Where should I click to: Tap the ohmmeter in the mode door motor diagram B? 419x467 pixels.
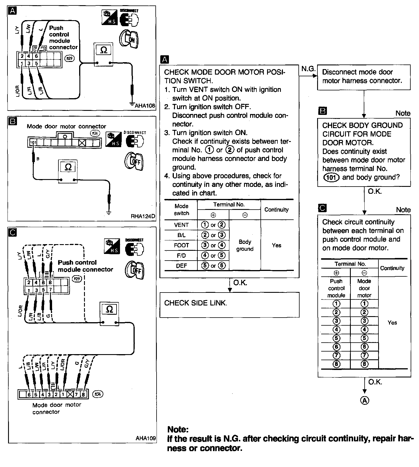68,171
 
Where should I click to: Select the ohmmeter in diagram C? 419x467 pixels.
109,314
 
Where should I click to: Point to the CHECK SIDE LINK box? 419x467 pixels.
229,305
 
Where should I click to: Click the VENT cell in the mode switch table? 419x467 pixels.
181,225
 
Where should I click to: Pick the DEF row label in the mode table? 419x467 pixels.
181,266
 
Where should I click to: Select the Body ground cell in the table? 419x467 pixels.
245,245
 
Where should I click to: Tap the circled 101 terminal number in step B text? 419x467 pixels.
331,177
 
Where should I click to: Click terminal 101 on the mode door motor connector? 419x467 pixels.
33,143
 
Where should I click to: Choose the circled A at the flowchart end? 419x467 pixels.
365,400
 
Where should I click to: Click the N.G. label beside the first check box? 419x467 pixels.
308,69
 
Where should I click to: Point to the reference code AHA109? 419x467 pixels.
146,438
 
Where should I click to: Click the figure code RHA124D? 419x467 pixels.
143,216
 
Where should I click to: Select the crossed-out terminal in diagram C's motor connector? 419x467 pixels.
70,394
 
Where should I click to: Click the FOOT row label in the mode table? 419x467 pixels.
181,245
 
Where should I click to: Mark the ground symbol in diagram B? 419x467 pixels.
108,213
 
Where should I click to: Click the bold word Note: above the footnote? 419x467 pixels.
178,430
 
